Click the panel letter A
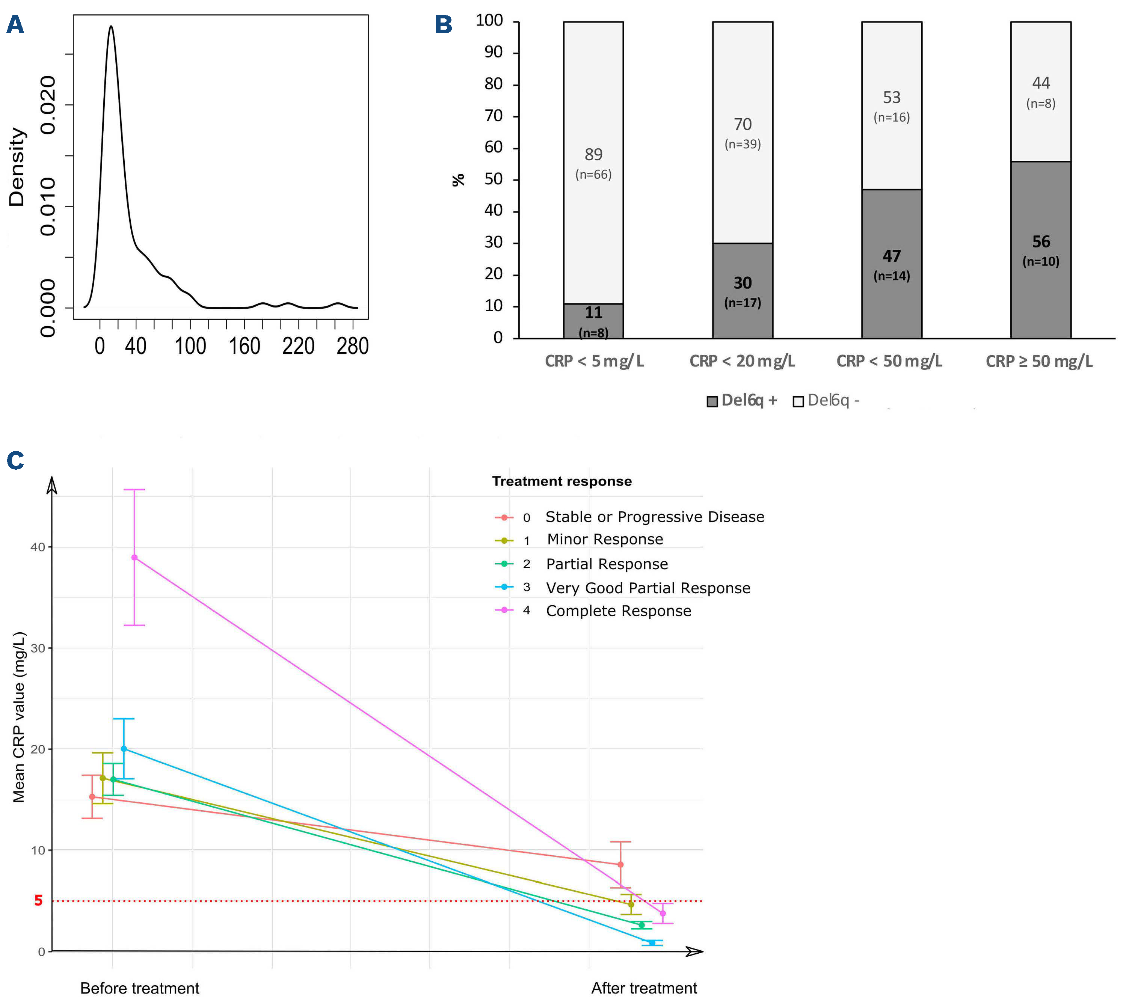(15, 25)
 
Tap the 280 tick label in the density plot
(352, 346)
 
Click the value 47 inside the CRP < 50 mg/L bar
(891, 256)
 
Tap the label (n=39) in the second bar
(742, 144)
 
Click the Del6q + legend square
(712, 401)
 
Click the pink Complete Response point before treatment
(134, 557)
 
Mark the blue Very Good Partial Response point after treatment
(652, 942)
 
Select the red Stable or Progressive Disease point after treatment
(620, 864)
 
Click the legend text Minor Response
(605, 540)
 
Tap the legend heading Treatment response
(561, 481)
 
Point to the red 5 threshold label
(38, 900)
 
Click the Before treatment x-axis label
(140, 988)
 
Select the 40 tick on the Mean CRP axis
(38, 547)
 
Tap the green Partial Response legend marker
(504, 564)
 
